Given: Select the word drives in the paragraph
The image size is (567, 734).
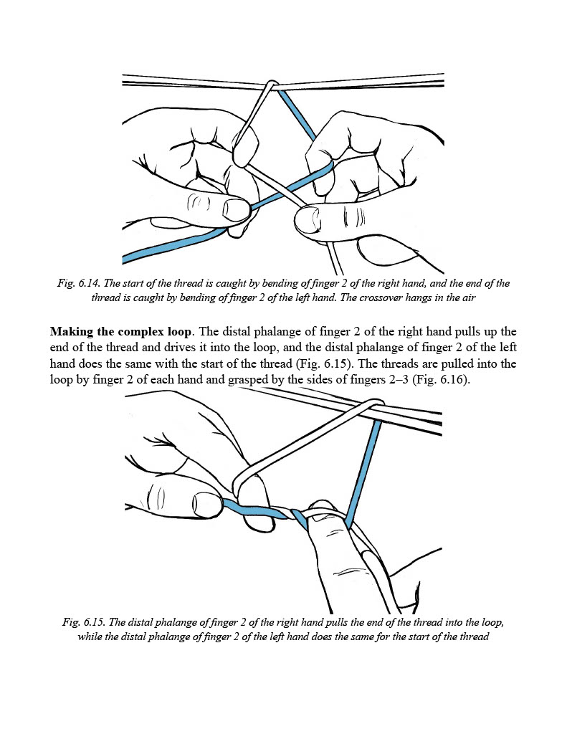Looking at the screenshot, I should [172, 348].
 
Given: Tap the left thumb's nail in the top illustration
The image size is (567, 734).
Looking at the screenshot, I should [235, 209].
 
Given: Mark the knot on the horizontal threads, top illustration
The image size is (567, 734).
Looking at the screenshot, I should [271, 87].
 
